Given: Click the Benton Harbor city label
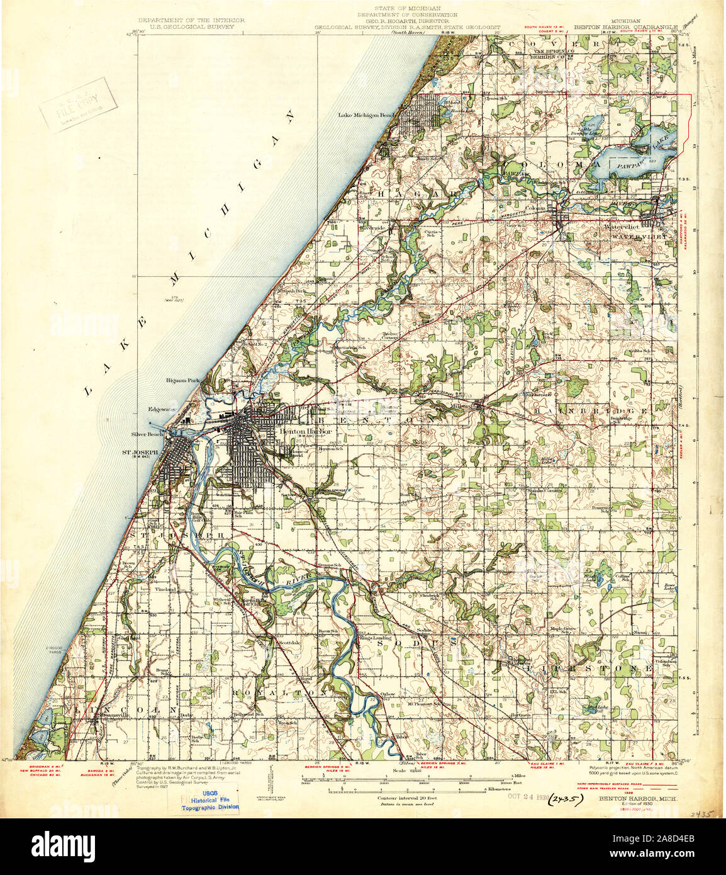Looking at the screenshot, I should (296, 431).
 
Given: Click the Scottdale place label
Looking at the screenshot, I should (290, 641).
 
